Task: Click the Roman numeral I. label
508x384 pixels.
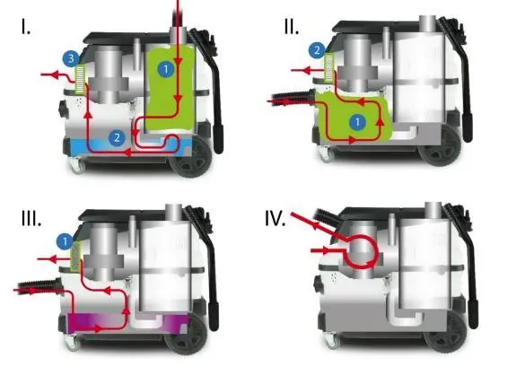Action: (x=26, y=27)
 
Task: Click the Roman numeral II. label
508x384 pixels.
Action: (x=292, y=27)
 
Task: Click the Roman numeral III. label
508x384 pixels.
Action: (x=31, y=218)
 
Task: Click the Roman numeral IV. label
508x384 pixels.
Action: (x=275, y=218)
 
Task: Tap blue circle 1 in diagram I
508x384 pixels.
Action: (x=166, y=69)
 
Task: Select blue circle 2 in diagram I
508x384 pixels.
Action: (x=117, y=138)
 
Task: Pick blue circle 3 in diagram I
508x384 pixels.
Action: (x=71, y=59)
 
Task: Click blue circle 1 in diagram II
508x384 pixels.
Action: (x=358, y=122)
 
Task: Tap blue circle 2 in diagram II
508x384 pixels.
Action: (x=317, y=50)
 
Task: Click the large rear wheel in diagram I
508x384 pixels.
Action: (x=191, y=158)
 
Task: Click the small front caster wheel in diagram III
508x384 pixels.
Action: (x=72, y=344)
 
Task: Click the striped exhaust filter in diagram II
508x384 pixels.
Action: (x=329, y=67)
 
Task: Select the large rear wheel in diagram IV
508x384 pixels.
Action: (x=444, y=338)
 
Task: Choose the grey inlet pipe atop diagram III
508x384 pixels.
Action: (x=173, y=213)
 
